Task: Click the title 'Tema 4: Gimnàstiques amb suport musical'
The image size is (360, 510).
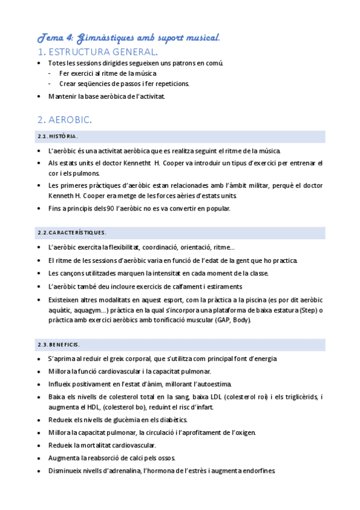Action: click(x=129, y=37)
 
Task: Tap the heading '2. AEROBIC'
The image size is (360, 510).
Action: click(x=64, y=120)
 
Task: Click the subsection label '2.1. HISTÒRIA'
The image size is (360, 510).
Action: click(x=57, y=137)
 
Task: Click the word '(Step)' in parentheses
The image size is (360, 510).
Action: click(x=307, y=310)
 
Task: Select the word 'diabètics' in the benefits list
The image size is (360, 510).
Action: click(x=171, y=420)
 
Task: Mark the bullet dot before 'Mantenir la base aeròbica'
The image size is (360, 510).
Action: click(x=40, y=96)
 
